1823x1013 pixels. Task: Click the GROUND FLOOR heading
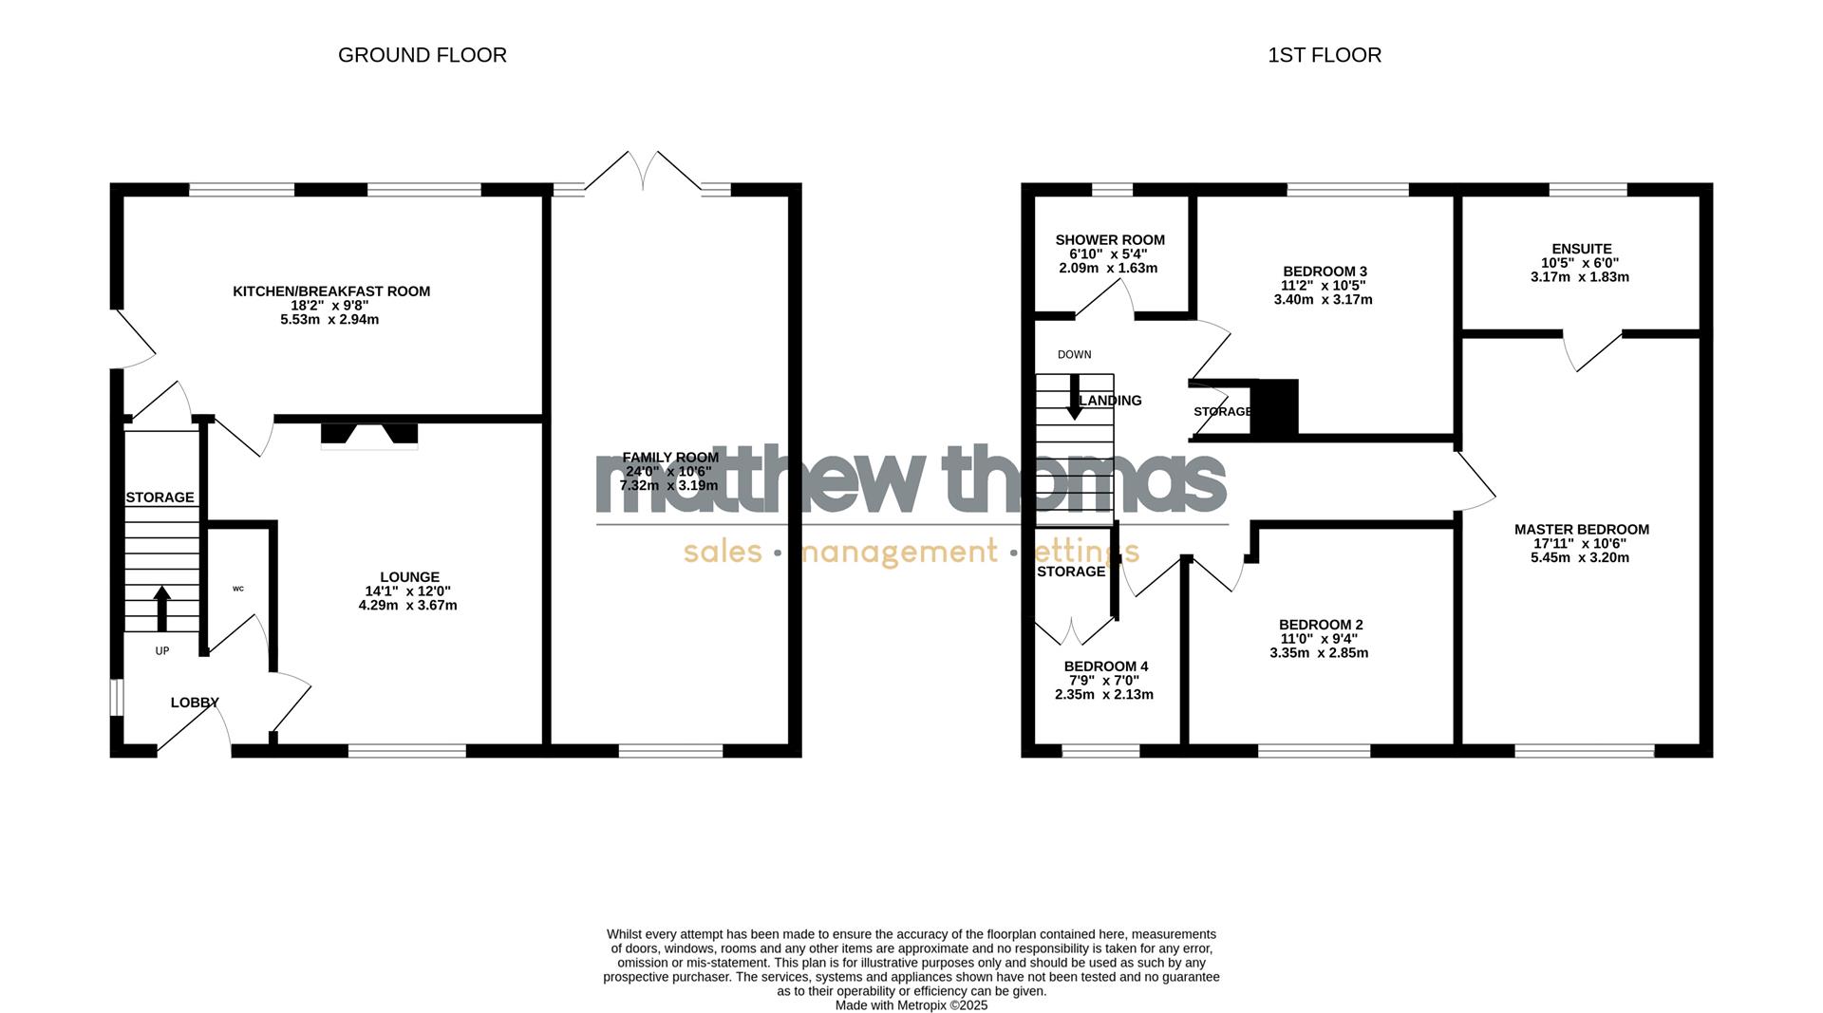click(423, 55)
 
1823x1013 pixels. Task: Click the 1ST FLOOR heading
click(1325, 55)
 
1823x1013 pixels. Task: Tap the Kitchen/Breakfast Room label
click(331, 291)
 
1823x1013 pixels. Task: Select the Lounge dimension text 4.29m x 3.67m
click(408, 606)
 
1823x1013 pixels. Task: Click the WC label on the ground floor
click(238, 589)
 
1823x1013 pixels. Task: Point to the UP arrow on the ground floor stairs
click(162, 609)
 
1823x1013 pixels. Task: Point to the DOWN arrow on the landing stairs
click(1075, 398)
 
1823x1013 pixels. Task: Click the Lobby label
click(195, 703)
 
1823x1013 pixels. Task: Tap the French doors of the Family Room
click(643, 172)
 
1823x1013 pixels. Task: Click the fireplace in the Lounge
click(369, 434)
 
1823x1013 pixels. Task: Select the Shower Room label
click(1110, 240)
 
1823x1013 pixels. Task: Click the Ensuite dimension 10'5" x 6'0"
click(1580, 263)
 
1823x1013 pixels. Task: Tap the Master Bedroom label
click(1582, 530)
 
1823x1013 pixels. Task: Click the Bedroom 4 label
click(1106, 666)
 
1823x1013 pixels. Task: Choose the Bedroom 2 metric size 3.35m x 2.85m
click(1319, 653)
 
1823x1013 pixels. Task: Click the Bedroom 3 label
click(1324, 272)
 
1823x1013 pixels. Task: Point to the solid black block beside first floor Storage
click(1274, 408)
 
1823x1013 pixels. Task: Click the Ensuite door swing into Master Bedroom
click(1591, 352)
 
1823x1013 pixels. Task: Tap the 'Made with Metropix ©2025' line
click(911, 1005)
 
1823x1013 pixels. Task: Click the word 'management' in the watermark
click(899, 552)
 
